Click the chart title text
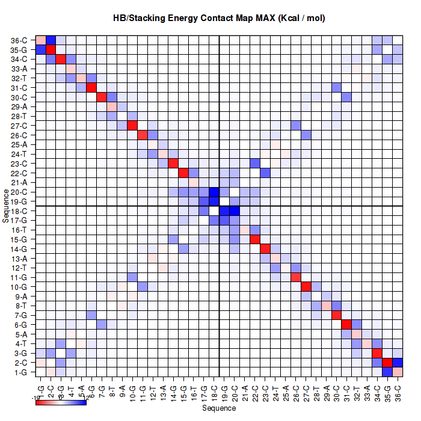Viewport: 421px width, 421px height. pos(219,18)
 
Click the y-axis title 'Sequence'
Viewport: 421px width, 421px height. pos(5,206)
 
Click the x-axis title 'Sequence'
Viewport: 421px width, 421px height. pos(219,408)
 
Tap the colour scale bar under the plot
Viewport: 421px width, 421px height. pos(61,402)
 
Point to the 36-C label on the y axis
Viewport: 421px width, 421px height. pos(19,41)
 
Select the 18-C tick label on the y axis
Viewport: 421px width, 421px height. pos(19,211)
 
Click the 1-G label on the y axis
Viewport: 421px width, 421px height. pos(20,372)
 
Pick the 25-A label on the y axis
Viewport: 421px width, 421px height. pos(19,145)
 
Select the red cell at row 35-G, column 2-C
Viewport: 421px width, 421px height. pos(51,50)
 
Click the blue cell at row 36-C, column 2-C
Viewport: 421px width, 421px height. pos(51,40)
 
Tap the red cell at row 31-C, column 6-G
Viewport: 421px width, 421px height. pos(91,88)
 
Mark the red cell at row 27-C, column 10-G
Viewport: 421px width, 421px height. pos(132,126)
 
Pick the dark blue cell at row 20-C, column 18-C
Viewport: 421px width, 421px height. pos(214,192)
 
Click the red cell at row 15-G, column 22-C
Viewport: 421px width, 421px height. pos(254,239)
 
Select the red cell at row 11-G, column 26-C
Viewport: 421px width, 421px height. pos(295,277)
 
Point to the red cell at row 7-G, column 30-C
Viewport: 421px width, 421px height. pos(336,315)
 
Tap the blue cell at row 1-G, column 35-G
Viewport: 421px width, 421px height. pos(387,372)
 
